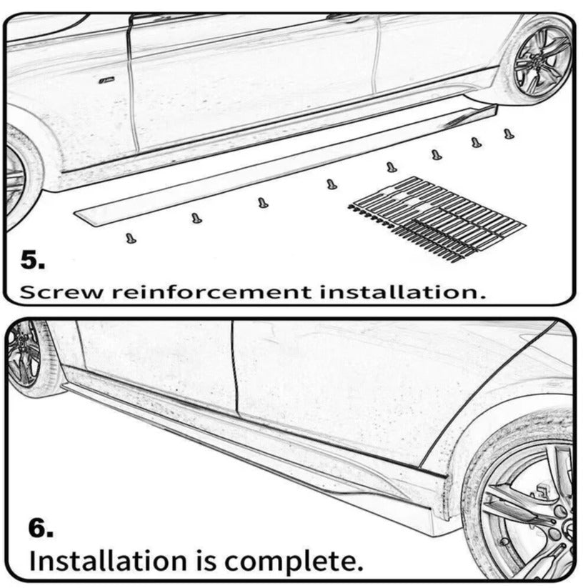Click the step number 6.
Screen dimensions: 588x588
[x=41, y=528]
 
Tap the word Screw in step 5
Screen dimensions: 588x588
[x=61, y=292]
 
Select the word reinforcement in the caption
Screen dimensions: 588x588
[x=212, y=292]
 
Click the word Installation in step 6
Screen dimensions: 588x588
[x=108, y=561]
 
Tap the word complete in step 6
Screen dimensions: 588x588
[x=294, y=562]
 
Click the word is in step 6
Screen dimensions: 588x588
[x=206, y=561]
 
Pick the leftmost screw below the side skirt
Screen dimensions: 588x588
[x=131, y=238]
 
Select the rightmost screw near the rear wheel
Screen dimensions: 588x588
[x=509, y=134]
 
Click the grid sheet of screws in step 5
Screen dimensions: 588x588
[x=437, y=218]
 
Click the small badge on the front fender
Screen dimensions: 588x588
[x=107, y=79]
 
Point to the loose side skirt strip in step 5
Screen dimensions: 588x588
[x=285, y=165]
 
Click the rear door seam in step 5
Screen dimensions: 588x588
[x=376, y=56]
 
